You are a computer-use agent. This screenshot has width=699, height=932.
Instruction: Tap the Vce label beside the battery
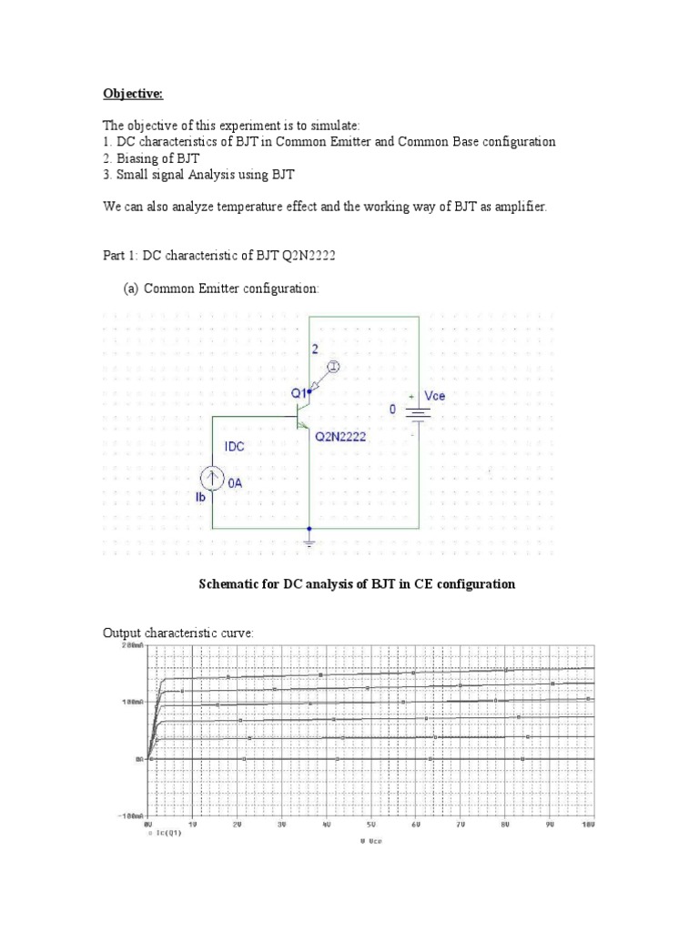tap(435, 398)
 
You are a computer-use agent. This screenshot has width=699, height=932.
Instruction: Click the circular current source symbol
tap(212, 478)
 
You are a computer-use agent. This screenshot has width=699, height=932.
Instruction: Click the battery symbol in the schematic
tap(418, 414)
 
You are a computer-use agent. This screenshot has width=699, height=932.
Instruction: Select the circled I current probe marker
tap(334, 367)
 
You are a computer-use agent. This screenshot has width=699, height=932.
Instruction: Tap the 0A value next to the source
tap(235, 484)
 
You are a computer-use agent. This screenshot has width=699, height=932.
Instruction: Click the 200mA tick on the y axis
tap(131, 645)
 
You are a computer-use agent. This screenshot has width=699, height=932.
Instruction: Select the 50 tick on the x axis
tap(370, 824)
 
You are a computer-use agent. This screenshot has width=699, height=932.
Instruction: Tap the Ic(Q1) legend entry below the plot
tap(167, 831)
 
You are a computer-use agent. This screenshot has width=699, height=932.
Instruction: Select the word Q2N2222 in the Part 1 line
tap(307, 256)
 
